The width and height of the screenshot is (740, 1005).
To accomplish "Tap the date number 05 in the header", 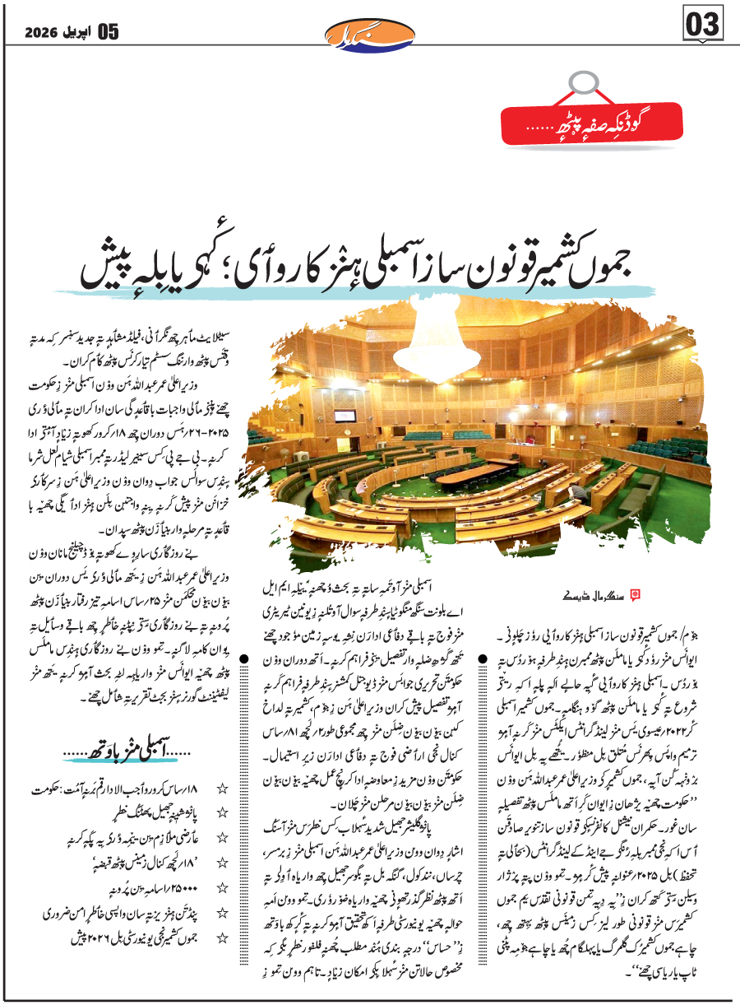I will [109, 32].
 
